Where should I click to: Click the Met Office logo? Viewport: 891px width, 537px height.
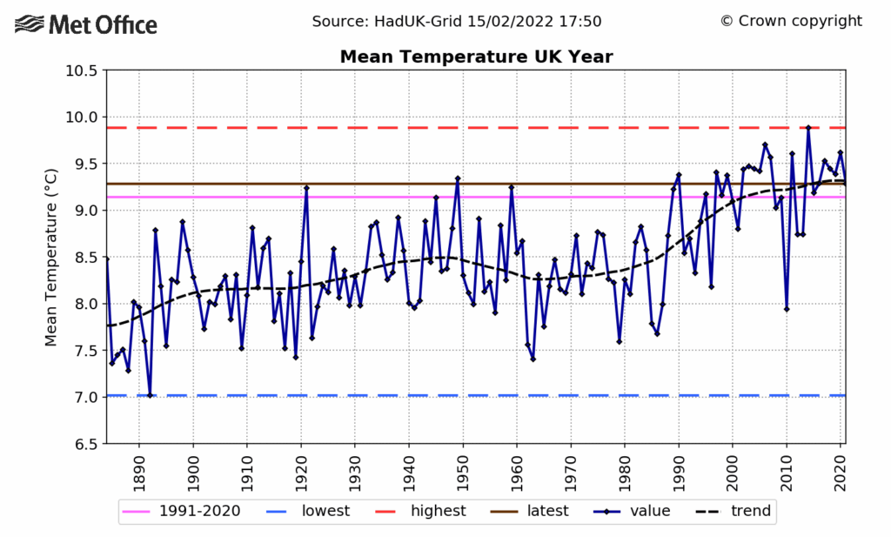(x=87, y=23)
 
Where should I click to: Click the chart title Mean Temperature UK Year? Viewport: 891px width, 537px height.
(x=476, y=57)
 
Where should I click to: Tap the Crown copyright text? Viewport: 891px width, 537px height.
(x=791, y=21)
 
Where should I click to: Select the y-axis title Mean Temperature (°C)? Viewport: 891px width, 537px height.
(x=51, y=257)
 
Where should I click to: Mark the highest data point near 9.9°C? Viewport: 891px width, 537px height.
(x=807, y=128)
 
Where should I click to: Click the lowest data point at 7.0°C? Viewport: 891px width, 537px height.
(x=150, y=395)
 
